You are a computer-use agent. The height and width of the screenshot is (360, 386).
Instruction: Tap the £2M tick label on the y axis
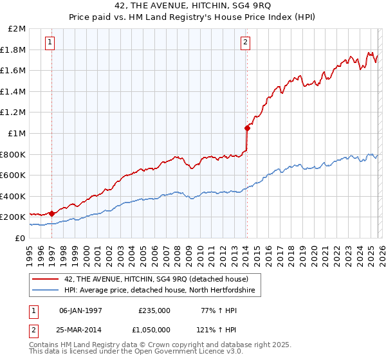15,29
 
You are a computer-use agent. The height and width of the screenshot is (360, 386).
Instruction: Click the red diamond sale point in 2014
247,128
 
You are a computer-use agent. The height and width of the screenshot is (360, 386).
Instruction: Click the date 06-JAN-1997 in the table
80,310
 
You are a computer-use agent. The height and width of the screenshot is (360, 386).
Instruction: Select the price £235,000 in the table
154,310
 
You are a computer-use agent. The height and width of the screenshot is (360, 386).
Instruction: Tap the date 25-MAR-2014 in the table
80,329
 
